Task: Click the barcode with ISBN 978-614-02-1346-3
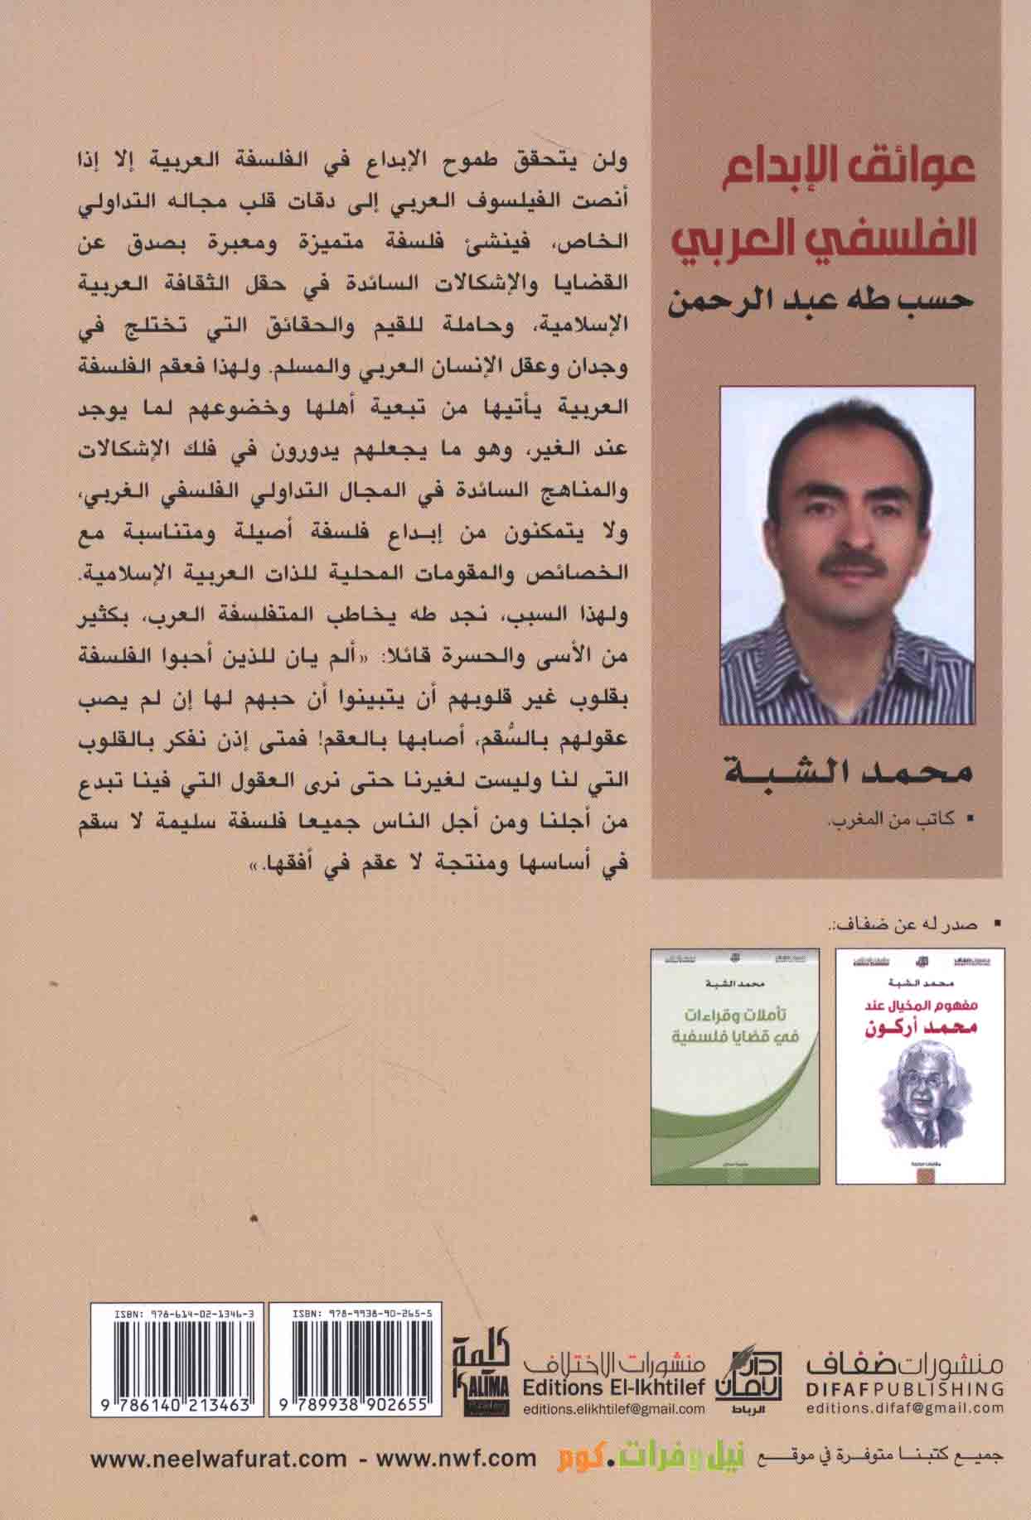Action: click(179, 1366)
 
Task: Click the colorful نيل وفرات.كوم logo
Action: click(630, 1458)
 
